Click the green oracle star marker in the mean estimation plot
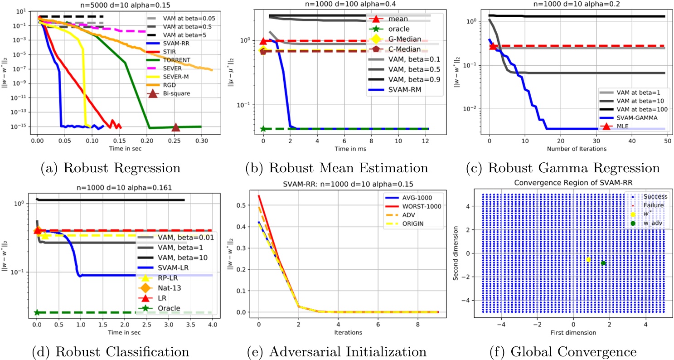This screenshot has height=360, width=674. [x=263, y=129]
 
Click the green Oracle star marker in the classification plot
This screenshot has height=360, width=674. [x=37, y=312]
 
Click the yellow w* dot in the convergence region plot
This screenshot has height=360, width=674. [x=588, y=260]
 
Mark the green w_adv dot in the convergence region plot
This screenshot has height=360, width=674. [x=603, y=263]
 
